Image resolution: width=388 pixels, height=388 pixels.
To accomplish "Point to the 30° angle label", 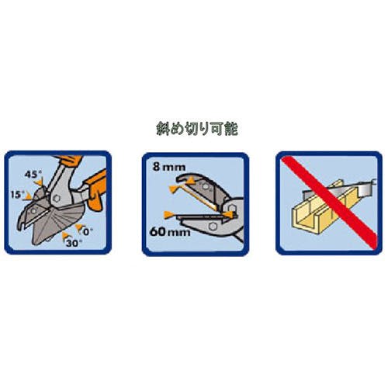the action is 74,243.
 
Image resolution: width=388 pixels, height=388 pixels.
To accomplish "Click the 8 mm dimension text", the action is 169,167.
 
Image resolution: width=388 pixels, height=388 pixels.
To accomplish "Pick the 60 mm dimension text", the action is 170,232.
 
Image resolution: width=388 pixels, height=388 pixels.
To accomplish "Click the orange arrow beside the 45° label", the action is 39,182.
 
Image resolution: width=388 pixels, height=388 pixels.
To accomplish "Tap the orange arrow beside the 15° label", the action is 28,198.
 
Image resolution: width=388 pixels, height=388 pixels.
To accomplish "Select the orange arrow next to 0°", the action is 78,227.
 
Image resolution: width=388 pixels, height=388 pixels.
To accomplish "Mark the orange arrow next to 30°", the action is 66,236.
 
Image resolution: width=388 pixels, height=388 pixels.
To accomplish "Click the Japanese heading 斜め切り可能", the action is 197,129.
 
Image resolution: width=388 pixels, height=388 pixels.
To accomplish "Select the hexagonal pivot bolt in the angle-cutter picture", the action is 57,199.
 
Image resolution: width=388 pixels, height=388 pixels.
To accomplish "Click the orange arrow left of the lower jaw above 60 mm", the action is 168,214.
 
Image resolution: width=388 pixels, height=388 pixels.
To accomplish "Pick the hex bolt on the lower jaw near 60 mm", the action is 213,227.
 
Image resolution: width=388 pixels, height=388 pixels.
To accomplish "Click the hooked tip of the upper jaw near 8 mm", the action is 181,178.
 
